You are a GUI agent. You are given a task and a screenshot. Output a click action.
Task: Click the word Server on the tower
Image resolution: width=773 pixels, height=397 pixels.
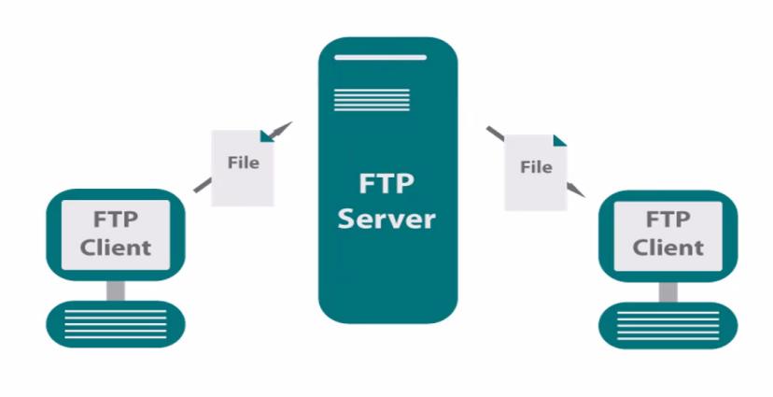click(386, 220)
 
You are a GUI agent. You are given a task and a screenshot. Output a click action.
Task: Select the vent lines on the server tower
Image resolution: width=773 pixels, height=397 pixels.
click(358, 98)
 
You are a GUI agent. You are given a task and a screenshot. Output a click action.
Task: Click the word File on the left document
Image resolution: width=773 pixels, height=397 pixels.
click(243, 162)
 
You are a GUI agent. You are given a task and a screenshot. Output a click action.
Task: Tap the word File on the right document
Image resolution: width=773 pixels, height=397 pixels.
click(536, 167)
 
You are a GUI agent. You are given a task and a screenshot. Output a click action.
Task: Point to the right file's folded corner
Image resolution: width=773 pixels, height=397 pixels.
click(559, 140)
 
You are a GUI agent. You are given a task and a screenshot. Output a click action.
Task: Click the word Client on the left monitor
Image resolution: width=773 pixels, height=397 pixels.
click(116, 248)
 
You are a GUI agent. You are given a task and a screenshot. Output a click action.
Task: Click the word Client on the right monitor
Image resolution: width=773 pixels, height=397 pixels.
click(668, 248)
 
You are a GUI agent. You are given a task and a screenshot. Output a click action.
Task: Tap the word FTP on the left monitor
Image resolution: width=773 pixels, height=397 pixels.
click(116, 220)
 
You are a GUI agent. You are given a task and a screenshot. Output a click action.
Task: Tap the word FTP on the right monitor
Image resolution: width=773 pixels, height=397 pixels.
click(668, 220)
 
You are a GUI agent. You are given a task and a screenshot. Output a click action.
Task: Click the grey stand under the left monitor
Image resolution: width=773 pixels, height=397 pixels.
click(116, 290)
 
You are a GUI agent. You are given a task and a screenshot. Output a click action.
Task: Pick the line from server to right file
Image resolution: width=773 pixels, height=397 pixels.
click(495, 133)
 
